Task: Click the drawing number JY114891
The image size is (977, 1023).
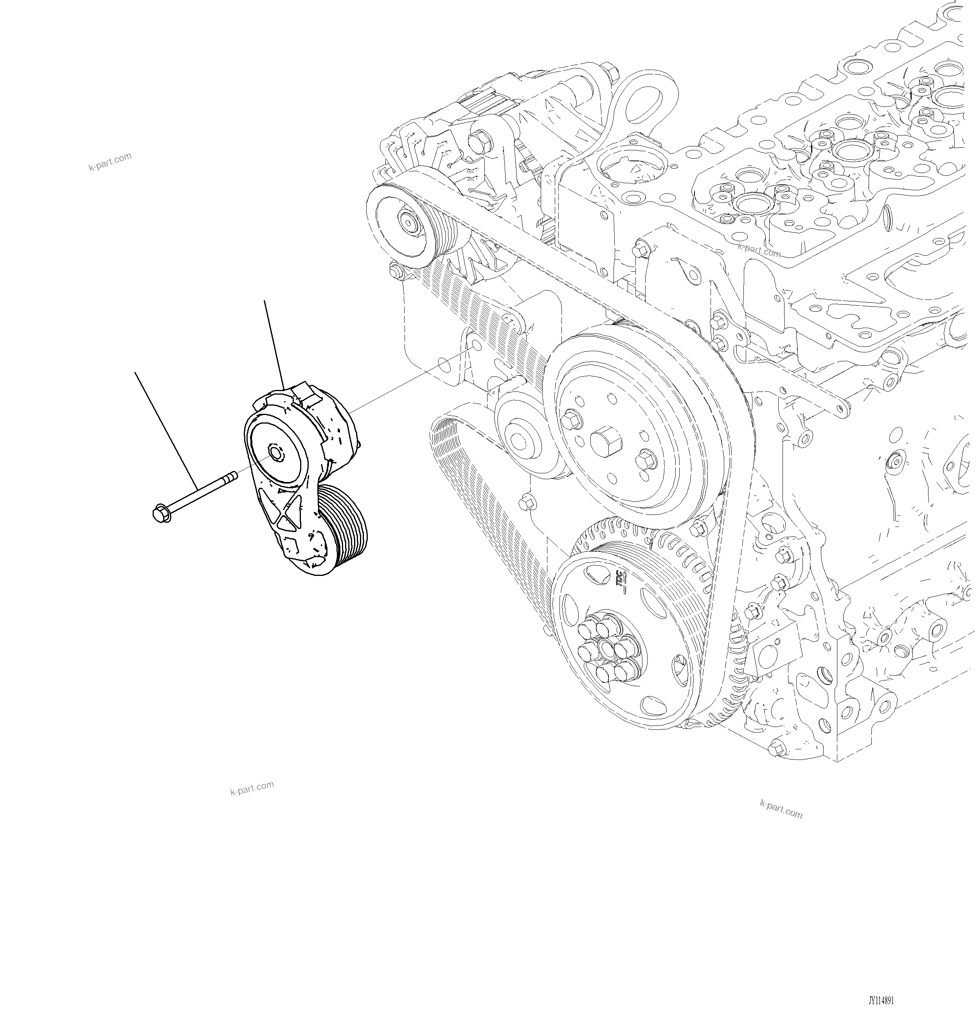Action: coord(881,1001)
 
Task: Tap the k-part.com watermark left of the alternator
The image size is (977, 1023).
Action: coord(110,162)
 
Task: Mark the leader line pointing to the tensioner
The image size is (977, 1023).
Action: coord(273,344)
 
